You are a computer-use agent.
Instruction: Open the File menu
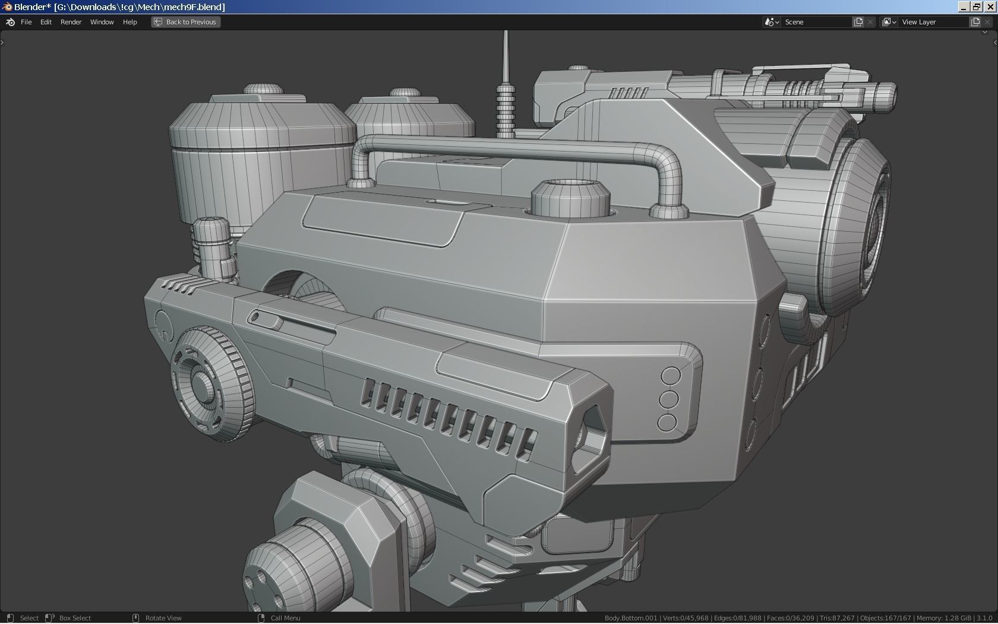(x=26, y=22)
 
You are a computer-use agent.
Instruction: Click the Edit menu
(x=46, y=22)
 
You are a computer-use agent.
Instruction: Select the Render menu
(x=71, y=22)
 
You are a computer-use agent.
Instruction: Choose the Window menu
(x=102, y=22)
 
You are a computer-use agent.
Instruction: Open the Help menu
(x=130, y=22)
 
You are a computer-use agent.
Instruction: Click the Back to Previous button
(x=185, y=22)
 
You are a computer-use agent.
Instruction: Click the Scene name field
(x=817, y=22)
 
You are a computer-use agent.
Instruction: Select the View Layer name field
(x=933, y=22)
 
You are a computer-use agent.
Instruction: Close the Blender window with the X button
(x=990, y=7)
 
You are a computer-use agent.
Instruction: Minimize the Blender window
(x=964, y=7)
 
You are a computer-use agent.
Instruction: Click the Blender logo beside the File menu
(x=10, y=22)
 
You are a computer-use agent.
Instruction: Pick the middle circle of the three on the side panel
(x=668, y=399)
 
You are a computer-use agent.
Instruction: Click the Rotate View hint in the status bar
(x=163, y=618)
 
